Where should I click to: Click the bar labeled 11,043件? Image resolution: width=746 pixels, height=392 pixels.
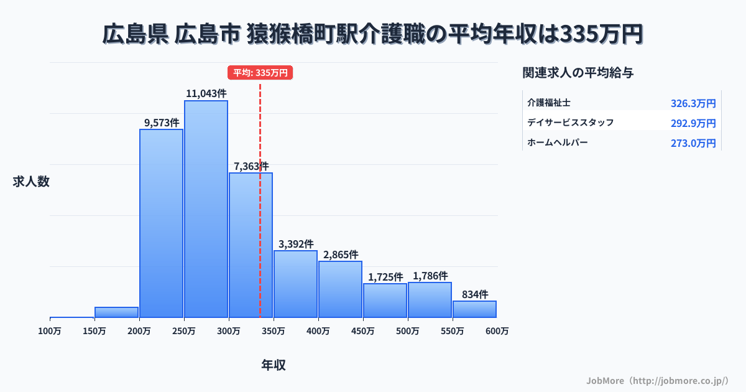(206, 208)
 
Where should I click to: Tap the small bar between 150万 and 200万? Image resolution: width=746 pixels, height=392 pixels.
(116, 312)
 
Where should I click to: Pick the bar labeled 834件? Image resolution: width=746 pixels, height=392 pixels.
(474, 309)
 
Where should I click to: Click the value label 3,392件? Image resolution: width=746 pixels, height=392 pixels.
(296, 243)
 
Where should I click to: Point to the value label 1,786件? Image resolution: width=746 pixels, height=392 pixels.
(430, 275)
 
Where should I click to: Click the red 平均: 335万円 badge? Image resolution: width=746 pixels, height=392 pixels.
(260, 73)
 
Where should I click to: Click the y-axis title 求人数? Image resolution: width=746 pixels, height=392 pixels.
(31, 182)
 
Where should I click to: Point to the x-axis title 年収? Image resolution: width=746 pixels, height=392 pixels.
(274, 365)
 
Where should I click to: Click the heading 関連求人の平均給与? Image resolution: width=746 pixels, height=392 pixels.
(578, 73)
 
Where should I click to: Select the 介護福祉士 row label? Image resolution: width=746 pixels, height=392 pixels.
(549, 101)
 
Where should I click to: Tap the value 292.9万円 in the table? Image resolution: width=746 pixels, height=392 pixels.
(693, 123)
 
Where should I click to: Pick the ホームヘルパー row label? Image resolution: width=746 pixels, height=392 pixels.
(557, 142)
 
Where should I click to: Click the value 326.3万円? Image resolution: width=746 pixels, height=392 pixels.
(693, 103)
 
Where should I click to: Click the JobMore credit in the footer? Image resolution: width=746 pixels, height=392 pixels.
(657, 380)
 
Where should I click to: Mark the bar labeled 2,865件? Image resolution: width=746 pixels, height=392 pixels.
(340, 289)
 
